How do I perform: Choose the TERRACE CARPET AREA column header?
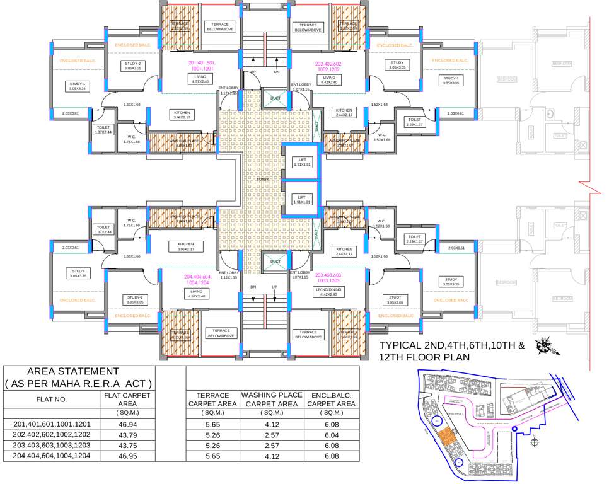212,400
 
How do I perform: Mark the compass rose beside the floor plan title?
542,346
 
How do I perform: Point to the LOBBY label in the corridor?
263,179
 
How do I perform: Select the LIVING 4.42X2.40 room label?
329,79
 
